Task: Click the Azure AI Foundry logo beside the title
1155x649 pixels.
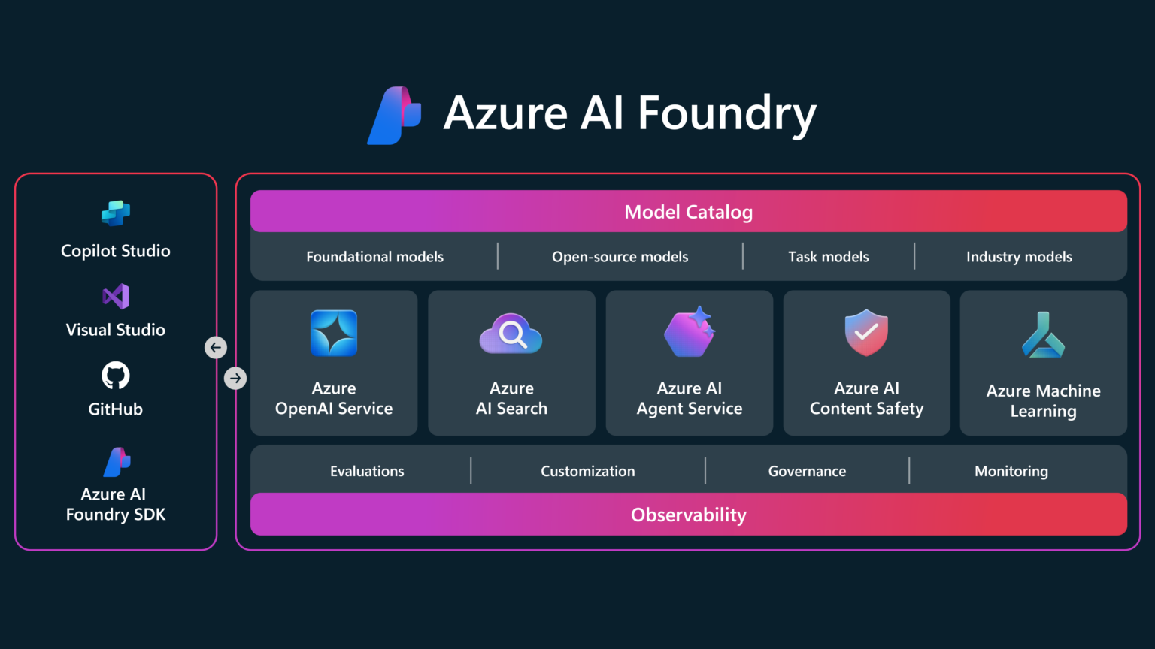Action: pyautogui.click(x=394, y=115)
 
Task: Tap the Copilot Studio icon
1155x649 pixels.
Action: pyautogui.click(x=116, y=213)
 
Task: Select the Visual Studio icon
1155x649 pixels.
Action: pyautogui.click(x=116, y=297)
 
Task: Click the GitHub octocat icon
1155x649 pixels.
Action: pyautogui.click(x=116, y=376)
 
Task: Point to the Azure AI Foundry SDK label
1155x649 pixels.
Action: pyautogui.click(x=116, y=504)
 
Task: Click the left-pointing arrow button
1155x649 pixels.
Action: pyautogui.click(x=216, y=347)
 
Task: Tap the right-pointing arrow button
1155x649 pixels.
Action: pyautogui.click(x=235, y=378)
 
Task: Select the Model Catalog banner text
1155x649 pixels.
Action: pyautogui.click(x=688, y=212)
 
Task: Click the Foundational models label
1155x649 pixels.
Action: pyautogui.click(x=374, y=257)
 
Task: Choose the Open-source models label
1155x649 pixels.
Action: pyautogui.click(x=620, y=257)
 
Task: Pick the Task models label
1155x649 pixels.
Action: pyautogui.click(x=828, y=257)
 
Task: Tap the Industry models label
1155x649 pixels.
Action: pyautogui.click(x=1019, y=257)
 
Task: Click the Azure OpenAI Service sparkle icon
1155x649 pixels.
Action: pyautogui.click(x=334, y=333)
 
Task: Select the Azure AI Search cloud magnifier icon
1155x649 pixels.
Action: pyautogui.click(x=511, y=334)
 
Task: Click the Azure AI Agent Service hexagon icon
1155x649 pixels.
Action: pyautogui.click(x=690, y=333)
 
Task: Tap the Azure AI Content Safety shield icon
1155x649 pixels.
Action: pyautogui.click(x=866, y=333)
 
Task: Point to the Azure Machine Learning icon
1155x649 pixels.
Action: pyautogui.click(x=1043, y=336)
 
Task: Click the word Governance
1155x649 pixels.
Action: pyautogui.click(x=807, y=471)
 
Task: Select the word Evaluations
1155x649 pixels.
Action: pyautogui.click(x=367, y=471)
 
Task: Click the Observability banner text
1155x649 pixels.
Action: pyautogui.click(x=688, y=515)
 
